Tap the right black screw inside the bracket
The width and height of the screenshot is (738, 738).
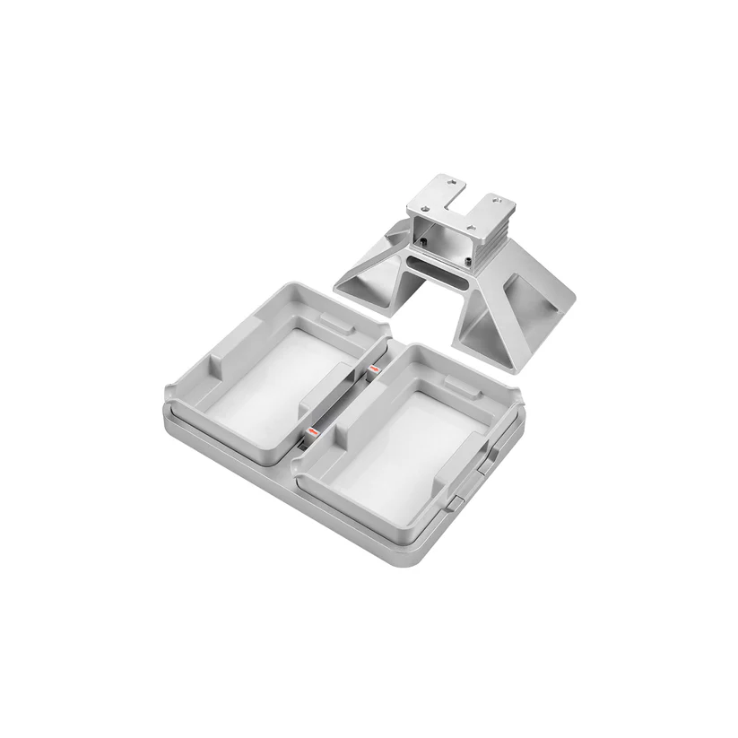[468, 261]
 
